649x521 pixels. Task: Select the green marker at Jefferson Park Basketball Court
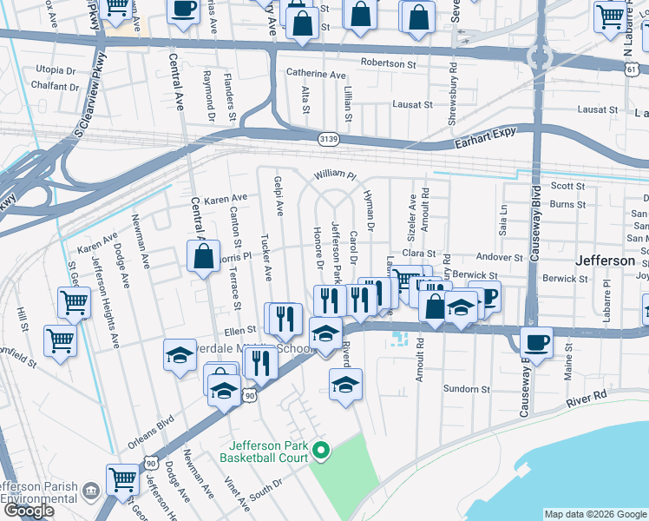pos(321,449)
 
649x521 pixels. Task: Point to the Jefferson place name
pos(606,260)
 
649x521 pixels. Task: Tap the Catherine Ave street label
pos(316,76)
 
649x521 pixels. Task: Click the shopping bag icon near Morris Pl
pos(203,256)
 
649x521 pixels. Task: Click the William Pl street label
pos(336,175)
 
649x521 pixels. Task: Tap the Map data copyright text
pos(594,514)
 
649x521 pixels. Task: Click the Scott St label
pos(568,186)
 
